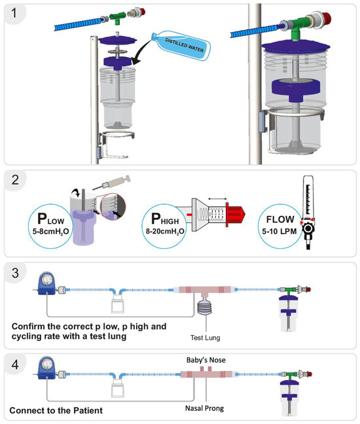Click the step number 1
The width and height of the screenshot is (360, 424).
(x=14, y=12)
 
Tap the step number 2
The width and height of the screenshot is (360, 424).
(x=15, y=180)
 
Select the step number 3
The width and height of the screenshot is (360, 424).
(x=15, y=273)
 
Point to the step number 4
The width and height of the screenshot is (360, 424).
(x=15, y=364)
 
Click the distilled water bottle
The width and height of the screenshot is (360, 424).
(x=181, y=44)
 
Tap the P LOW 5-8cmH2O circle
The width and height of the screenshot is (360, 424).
(x=50, y=226)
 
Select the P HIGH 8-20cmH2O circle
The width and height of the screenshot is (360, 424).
(x=164, y=226)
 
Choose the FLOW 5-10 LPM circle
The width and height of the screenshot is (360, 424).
(x=280, y=226)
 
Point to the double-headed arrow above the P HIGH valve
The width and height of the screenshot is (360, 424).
(x=217, y=199)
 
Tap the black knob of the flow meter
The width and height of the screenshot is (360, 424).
(x=308, y=228)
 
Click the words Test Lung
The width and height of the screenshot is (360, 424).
(x=206, y=338)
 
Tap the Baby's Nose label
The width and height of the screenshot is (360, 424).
(x=206, y=360)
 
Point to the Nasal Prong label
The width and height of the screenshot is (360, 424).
(x=204, y=408)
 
